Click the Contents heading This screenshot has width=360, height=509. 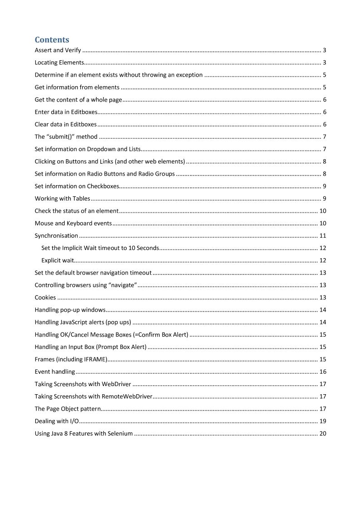click(x=52, y=40)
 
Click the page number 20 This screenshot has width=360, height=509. click(x=323, y=434)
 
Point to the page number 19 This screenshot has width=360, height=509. click(x=323, y=421)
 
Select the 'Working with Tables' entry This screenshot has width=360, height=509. click(x=62, y=199)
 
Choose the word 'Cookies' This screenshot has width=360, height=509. click(x=45, y=298)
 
